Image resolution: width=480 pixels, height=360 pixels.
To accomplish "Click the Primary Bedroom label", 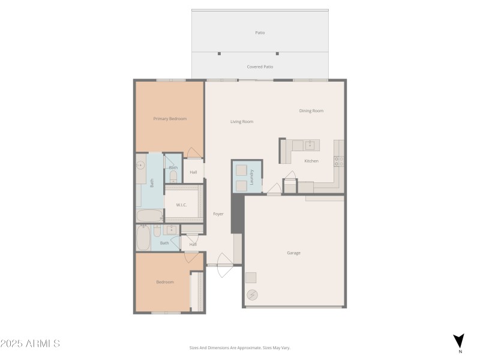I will click(170, 119).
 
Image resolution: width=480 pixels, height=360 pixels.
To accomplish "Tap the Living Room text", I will click(242, 122).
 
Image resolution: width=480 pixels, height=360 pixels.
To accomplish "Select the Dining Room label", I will click(311, 111).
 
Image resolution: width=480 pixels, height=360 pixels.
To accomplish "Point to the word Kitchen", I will click(311, 161).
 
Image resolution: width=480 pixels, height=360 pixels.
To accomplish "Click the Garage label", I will click(293, 253).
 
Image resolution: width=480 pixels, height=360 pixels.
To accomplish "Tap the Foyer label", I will click(218, 214).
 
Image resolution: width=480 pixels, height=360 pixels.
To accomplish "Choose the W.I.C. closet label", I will click(181, 205).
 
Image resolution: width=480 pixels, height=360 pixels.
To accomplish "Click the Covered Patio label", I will click(260, 67).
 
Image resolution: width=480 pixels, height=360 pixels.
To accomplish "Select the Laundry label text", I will click(252, 178).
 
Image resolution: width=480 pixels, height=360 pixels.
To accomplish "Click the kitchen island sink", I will click(310, 145).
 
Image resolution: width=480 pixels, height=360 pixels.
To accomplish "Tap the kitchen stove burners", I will click(338, 161).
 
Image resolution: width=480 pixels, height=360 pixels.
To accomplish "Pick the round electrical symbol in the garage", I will click(251, 295).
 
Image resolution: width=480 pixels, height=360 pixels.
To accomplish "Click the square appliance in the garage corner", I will click(250, 278).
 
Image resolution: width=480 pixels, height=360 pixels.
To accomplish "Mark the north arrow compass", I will click(458, 341).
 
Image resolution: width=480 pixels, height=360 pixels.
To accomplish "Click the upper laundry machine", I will click(241, 170).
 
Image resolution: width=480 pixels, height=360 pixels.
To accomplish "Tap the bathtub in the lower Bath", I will click(143, 239).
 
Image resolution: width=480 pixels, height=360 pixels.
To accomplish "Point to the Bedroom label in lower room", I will click(165, 282).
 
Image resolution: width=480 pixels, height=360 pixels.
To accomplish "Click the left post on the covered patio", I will click(219, 53).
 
